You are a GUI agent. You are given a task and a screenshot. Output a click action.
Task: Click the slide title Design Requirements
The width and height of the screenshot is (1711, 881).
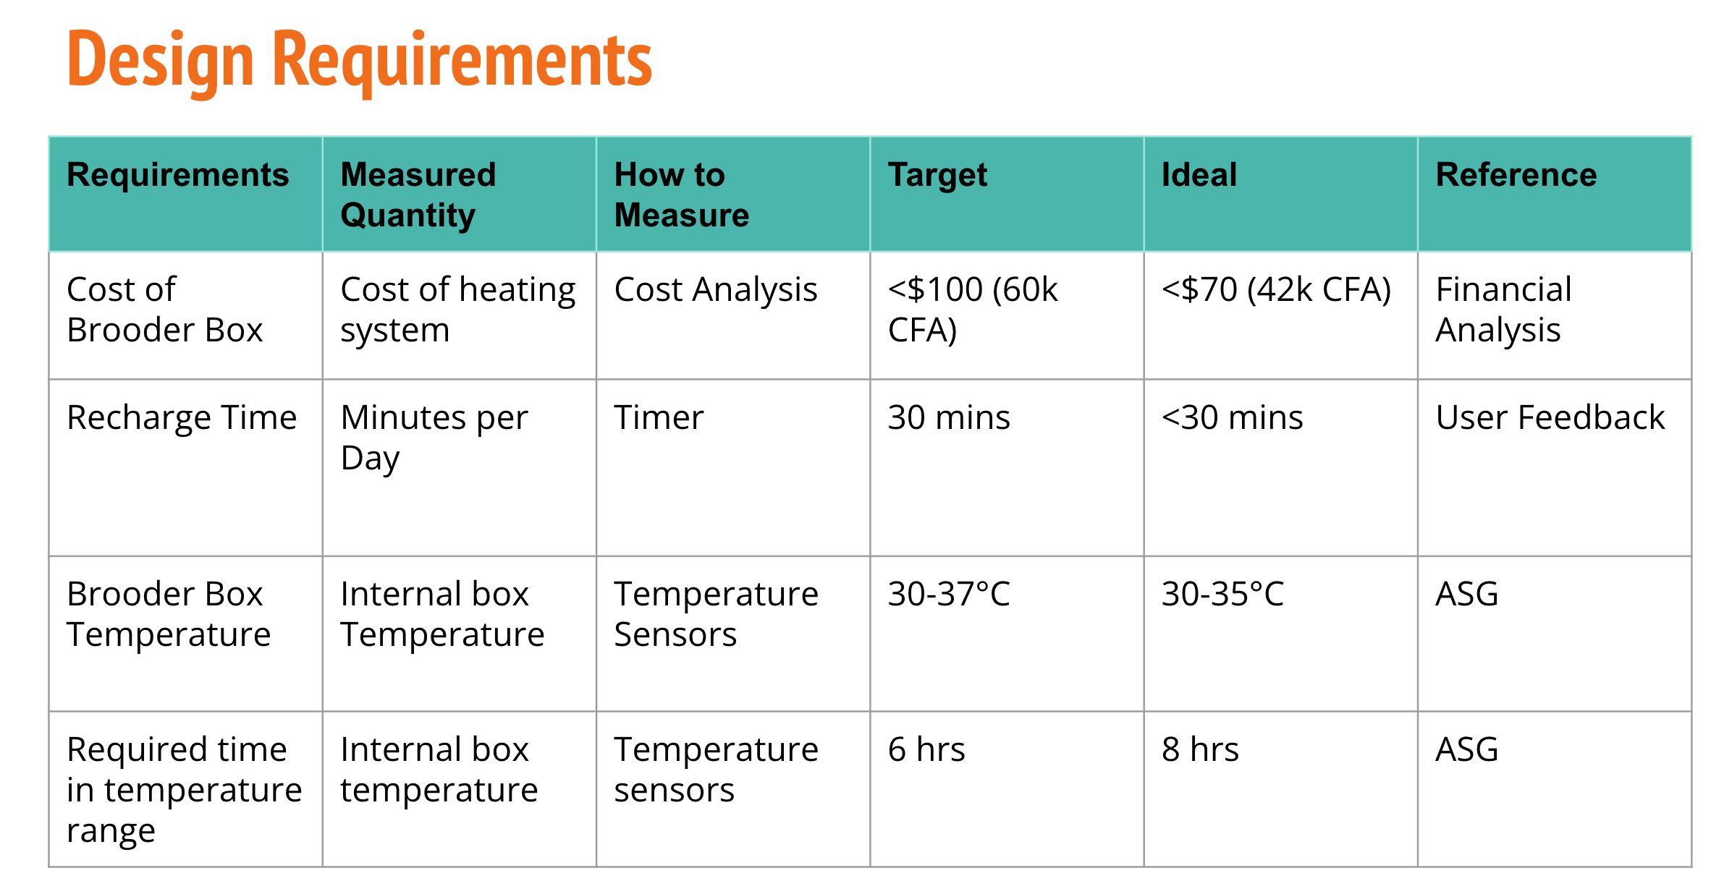click(360, 61)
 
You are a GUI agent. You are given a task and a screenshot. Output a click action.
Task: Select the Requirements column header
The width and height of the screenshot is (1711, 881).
click(178, 175)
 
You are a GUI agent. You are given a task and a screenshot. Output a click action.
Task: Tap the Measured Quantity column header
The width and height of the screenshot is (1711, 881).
click(418, 195)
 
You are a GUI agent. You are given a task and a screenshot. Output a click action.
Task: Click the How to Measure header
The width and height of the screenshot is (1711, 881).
click(682, 195)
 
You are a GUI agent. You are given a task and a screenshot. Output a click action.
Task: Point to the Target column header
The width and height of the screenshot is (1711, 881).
click(938, 176)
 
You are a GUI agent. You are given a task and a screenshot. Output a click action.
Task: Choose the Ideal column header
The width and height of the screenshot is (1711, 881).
click(1199, 175)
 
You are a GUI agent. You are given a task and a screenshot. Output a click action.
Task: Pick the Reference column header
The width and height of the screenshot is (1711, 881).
click(1516, 175)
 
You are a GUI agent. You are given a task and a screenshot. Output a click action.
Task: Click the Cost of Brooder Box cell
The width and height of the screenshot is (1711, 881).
click(165, 310)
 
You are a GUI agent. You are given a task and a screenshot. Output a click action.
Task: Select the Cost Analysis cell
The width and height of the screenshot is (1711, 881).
click(716, 290)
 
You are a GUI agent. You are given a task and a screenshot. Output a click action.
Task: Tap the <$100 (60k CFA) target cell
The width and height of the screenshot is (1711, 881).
click(973, 310)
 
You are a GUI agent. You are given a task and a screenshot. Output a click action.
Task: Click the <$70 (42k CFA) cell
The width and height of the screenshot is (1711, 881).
click(1277, 290)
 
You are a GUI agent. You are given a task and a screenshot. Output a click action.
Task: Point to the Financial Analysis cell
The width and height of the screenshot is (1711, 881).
click(1504, 310)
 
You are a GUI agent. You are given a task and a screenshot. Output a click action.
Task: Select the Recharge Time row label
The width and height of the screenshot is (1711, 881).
click(182, 417)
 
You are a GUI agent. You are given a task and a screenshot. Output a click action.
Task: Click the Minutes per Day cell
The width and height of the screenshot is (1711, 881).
click(434, 438)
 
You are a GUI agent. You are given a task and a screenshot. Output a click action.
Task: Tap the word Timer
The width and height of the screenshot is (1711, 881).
click(659, 417)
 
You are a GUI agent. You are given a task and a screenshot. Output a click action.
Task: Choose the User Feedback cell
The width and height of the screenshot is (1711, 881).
click(1550, 417)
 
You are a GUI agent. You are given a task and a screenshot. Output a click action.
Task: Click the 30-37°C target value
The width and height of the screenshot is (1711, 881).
click(949, 594)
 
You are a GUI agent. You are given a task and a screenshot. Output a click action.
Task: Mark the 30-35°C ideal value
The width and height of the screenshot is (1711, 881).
click(1222, 594)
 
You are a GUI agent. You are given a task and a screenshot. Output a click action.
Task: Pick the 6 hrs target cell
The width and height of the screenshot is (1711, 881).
click(926, 749)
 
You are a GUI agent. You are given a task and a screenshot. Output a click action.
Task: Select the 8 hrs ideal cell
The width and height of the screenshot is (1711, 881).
click(1200, 749)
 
